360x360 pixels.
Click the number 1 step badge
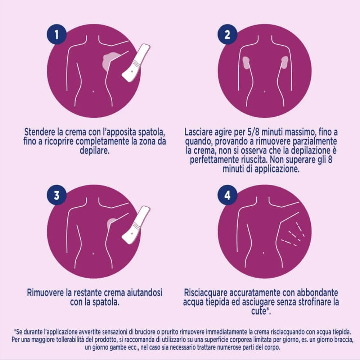coord(57,35)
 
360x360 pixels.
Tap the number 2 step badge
coord(227,35)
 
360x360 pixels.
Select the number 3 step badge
coord(57,195)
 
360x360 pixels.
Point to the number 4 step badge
coord(227,195)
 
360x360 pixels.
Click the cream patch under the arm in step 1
coord(111,60)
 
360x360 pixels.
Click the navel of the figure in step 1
coord(93,91)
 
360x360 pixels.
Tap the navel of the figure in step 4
coord(264,253)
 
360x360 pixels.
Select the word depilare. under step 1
coord(95,150)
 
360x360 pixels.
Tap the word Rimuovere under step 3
coord(45,293)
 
